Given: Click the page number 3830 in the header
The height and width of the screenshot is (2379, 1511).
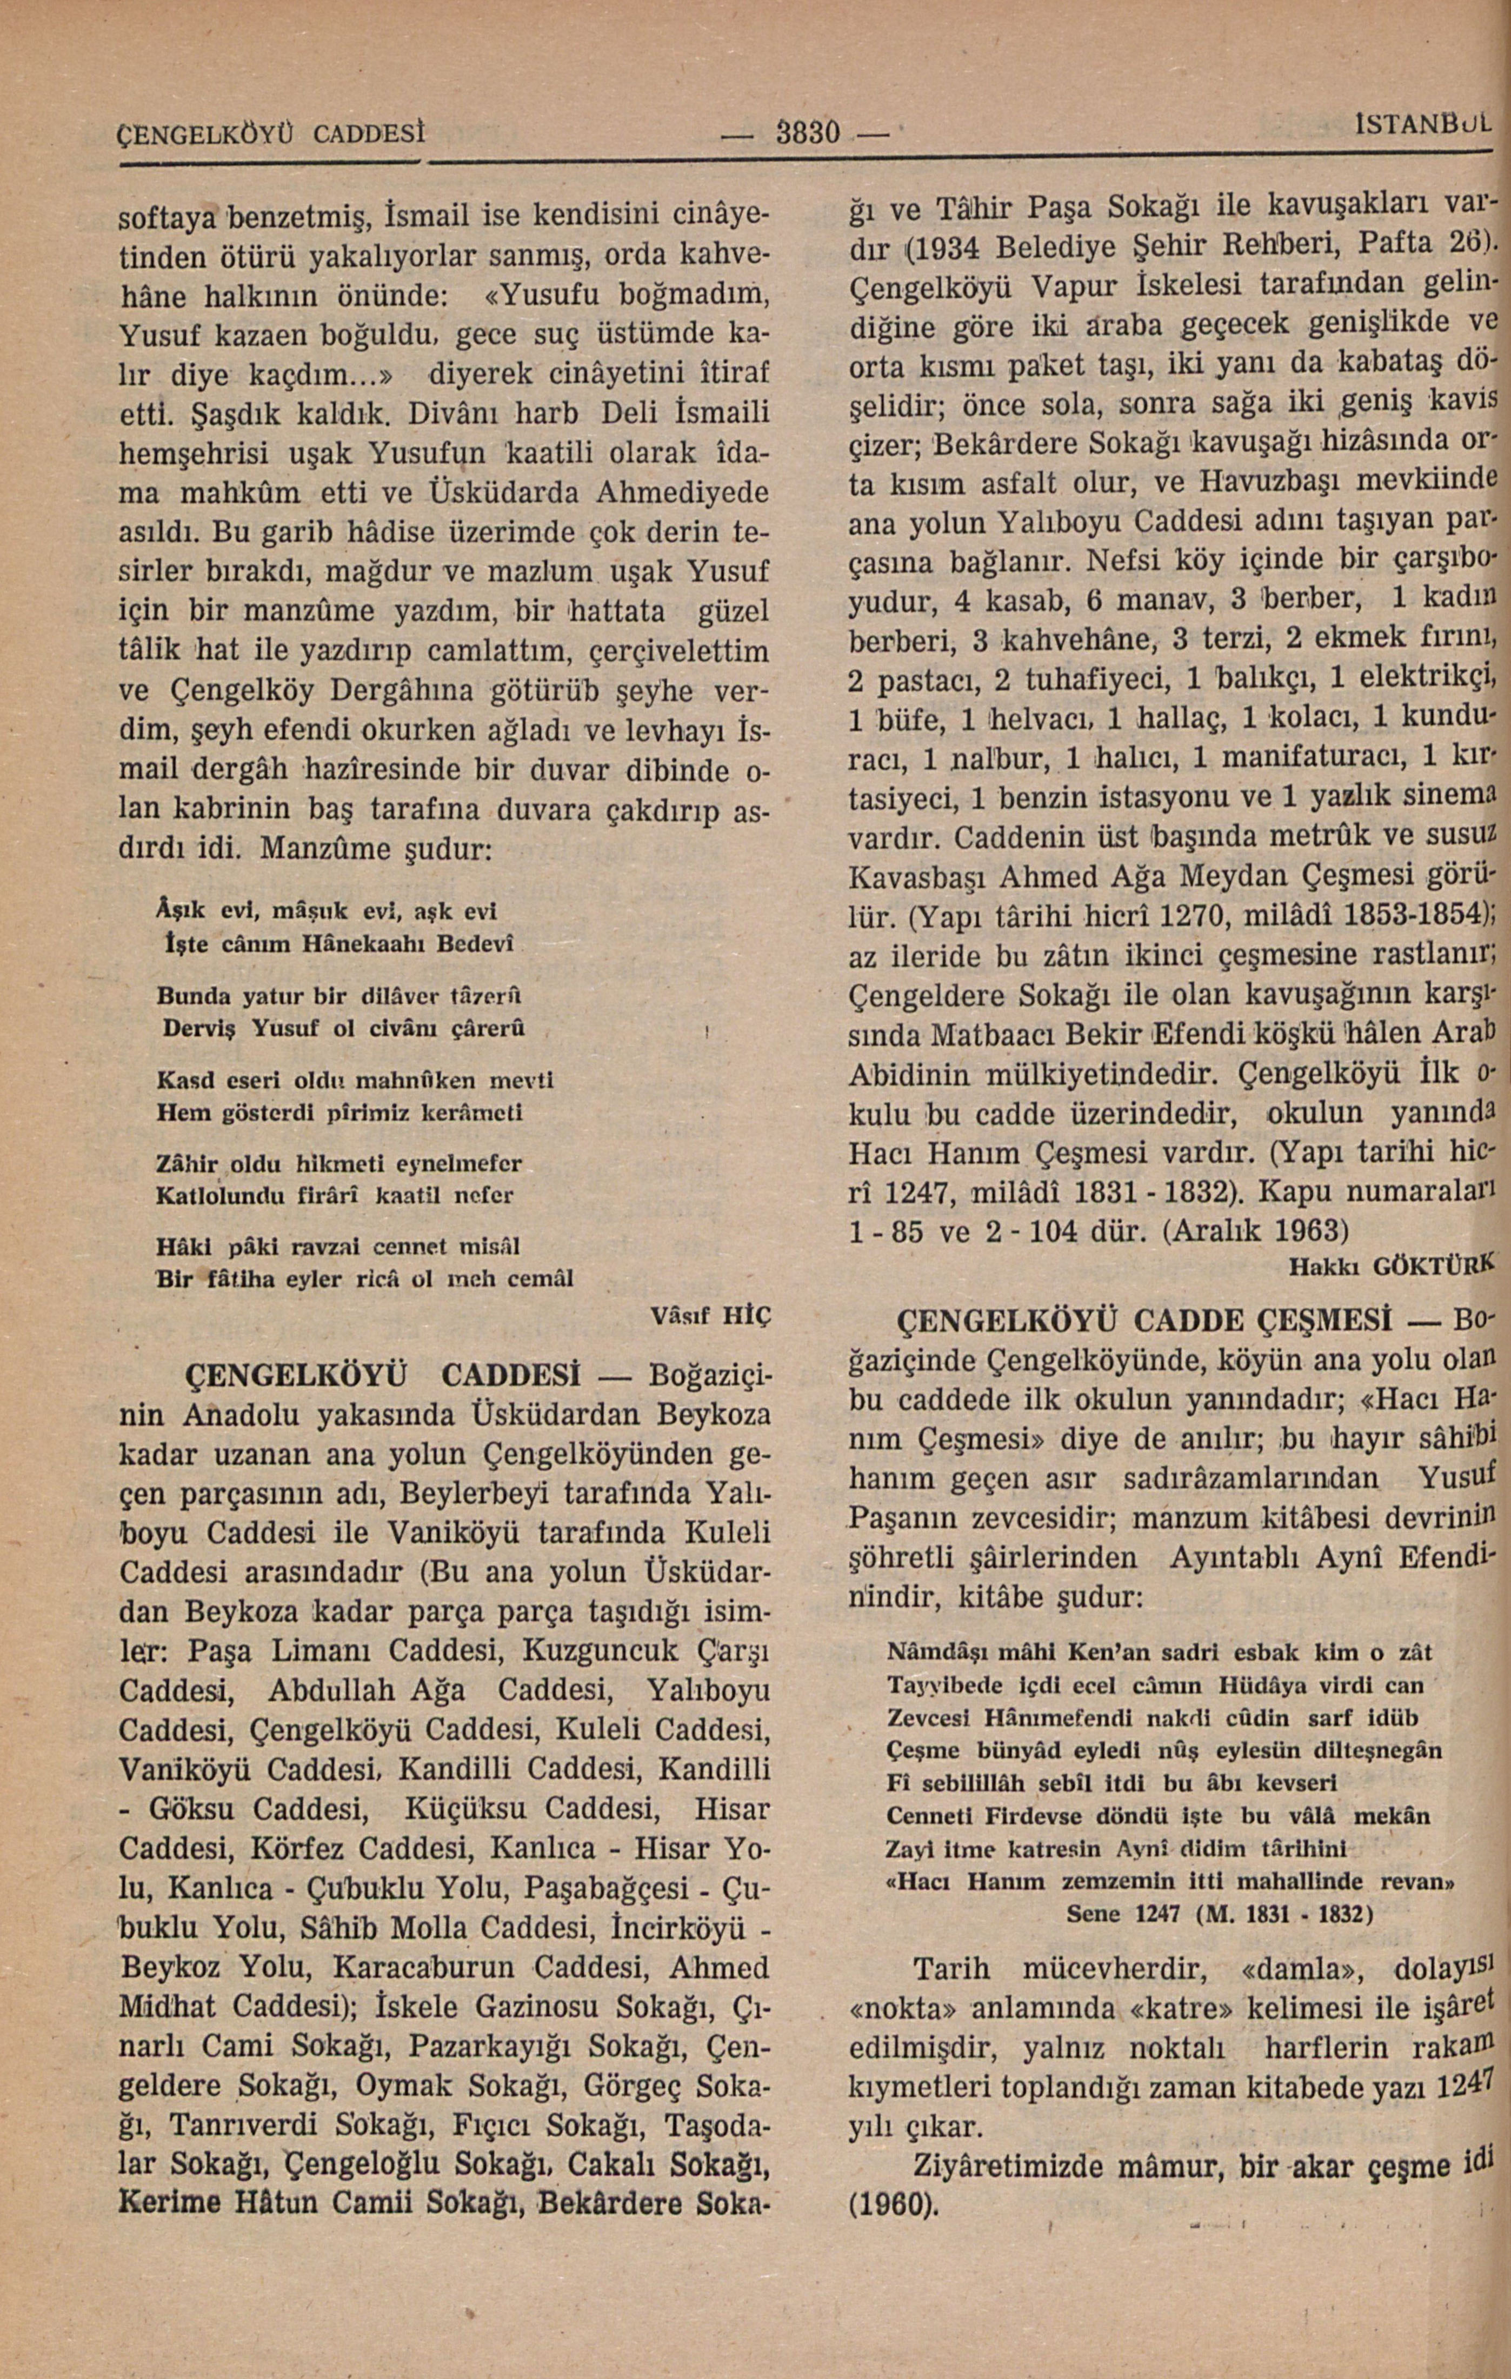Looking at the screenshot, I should tap(807, 131).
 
